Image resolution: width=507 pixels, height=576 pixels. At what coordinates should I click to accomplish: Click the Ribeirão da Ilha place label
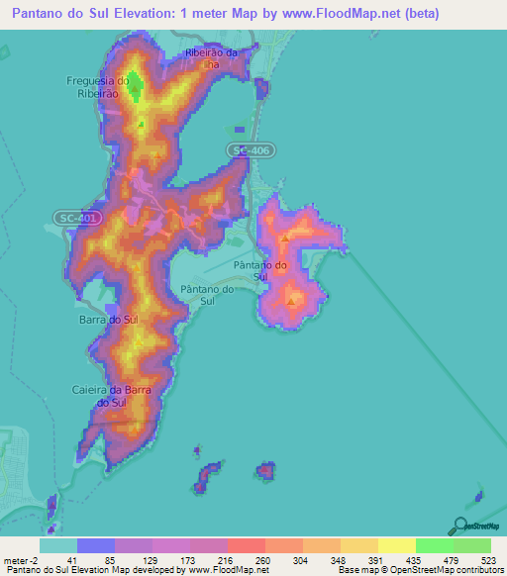point(213,58)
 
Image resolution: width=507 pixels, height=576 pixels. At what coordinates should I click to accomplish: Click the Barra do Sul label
point(108,321)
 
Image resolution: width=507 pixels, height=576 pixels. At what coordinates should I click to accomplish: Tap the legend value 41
point(71,559)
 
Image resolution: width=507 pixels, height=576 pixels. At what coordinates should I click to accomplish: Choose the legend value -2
point(32,559)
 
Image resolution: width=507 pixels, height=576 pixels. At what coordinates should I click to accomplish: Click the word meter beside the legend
point(14,559)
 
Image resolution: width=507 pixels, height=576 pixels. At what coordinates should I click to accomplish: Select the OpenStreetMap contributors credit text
point(445,570)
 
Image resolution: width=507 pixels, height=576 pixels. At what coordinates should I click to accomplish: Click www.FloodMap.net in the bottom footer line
point(228,570)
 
